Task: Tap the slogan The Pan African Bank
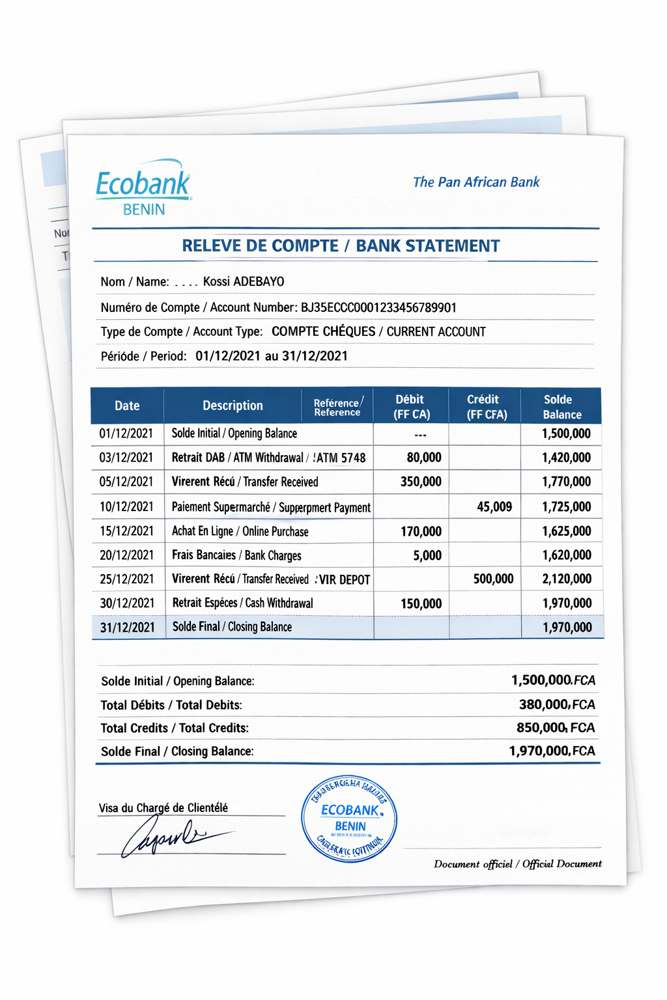point(475,182)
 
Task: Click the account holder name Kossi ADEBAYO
point(244,282)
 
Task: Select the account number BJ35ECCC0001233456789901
point(378,307)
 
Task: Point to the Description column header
point(233,406)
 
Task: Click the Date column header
point(127,406)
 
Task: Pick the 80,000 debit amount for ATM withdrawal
point(424,458)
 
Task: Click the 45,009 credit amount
point(494,507)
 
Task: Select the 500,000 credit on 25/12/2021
point(493,579)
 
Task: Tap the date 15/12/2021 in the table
point(126,531)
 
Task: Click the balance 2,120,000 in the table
point(567,579)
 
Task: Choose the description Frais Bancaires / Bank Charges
point(236,555)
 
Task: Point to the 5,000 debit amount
point(427,555)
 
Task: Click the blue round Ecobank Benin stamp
point(349,820)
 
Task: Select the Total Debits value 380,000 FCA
point(557,704)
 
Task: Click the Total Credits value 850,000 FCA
point(556,728)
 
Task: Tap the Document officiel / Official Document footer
point(517,864)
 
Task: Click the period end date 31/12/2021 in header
point(315,356)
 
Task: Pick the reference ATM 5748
point(341,458)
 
